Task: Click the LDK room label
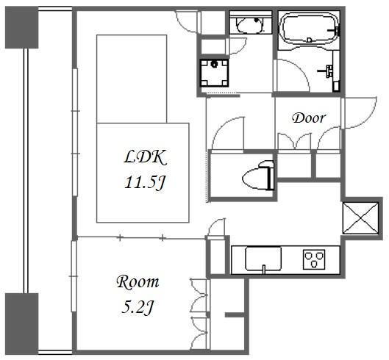145,158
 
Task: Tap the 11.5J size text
145,183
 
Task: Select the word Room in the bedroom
138,282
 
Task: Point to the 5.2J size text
138,306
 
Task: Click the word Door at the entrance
309,118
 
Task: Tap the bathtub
309,28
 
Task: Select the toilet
258,175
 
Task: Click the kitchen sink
263,259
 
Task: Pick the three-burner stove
314,259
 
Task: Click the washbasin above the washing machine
249,25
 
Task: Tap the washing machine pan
214,73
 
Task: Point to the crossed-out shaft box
360,218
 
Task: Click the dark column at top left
22,27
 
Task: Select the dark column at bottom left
22,323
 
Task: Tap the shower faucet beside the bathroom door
326,71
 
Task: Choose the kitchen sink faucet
264,269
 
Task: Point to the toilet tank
271,175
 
